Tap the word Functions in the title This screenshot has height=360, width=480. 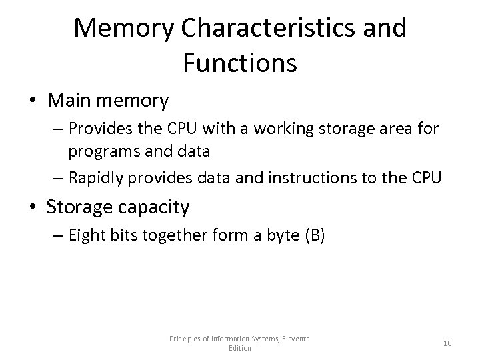[x=239, y=63]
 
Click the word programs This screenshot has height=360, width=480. [x=98, y=151]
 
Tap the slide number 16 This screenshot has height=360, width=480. [x=447, y=343]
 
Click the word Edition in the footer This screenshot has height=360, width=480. [x=240, y=348]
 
